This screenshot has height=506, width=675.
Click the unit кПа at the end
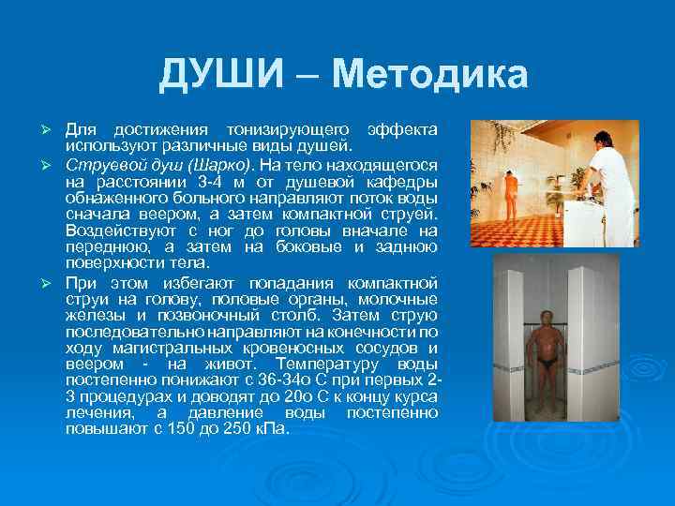pyautogui.click(x=272, y=428)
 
